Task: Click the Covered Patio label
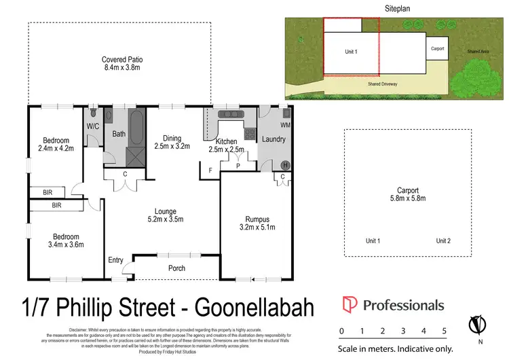pyautogui.click(x=119, y=60)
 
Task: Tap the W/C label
pyautogui.click(x=94, y=126)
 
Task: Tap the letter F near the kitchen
pyautogui.click(x=211, y=169)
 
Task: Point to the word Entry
pyautogui.click(x=116, y=261)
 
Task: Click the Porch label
pyautogui.click(x=176, y=268)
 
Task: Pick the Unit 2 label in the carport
pyautogui.click(x=443, y=241)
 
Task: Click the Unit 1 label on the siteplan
pyautogui.click(x=351, y=51)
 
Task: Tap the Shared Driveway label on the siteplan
pyautogui.click(x=382, y=84)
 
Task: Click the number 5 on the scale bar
pyautogui.click(x=444, y=331)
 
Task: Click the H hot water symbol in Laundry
pyautogui.click(x=285, y=165)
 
